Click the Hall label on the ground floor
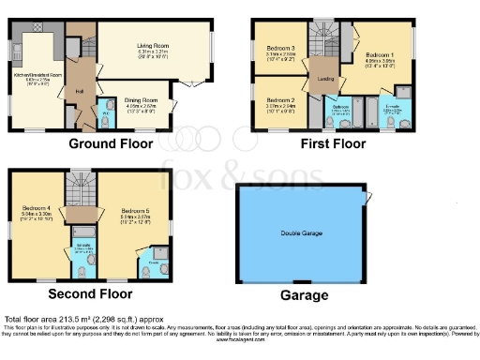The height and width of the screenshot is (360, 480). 81,90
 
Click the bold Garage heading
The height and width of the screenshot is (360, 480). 305,295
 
